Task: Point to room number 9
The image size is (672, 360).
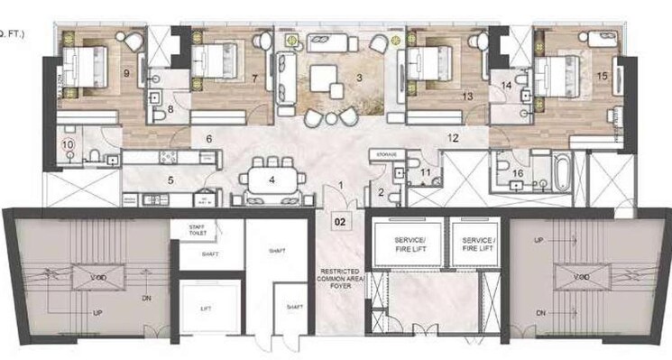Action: (x=125, y=72)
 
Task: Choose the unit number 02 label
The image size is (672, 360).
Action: (x=341, y=218)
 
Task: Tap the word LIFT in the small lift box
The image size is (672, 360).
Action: (x=207, y=309)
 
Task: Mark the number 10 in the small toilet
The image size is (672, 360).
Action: (x=66, y=144)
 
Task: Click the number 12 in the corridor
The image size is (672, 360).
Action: (x=453, y=138)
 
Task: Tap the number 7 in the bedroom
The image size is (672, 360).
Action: (x=255, y=78)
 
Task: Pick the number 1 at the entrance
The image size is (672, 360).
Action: (x=340, y=185)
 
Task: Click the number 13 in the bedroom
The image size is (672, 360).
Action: (x=467, y=95)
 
